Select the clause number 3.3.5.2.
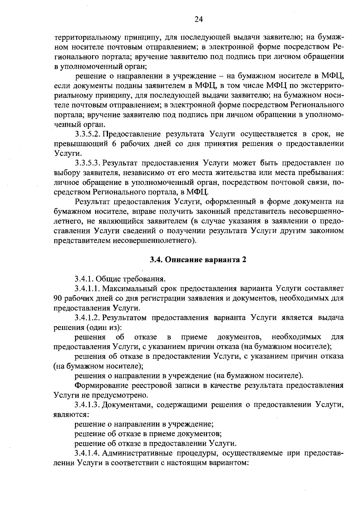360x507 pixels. (88, 134)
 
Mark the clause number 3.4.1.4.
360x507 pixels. (88, 453)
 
